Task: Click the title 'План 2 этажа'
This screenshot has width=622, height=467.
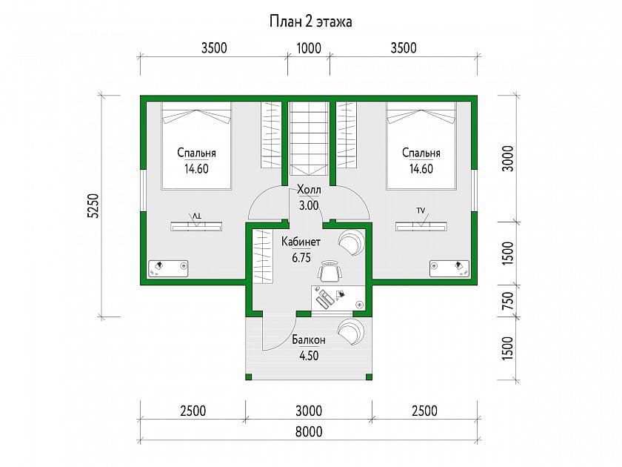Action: [310, 21]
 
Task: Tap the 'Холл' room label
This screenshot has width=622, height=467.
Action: [309, 190]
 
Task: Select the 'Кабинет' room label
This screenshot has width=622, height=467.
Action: [301, 242]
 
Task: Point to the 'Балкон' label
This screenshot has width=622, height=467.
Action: [309, 340]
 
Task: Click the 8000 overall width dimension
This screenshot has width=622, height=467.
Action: [309, 431]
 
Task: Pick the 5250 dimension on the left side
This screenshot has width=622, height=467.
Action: [93, 206]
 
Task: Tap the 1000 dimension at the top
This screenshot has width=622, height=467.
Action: [309, 48]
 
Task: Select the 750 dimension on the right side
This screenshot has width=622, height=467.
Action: [508, 301]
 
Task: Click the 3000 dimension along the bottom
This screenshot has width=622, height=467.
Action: [309, 411]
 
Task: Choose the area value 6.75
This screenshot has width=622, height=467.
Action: [301, 258]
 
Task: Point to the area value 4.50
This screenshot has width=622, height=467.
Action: [309, 355]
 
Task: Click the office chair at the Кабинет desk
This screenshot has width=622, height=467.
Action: [330, 271]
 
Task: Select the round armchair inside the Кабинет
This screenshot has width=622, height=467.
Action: [351, 242]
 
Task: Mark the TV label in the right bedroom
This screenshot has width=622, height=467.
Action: [421, 211]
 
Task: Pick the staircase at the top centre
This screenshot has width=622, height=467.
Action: [309, 139]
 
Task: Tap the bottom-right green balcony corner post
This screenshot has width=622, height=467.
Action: [369, 377]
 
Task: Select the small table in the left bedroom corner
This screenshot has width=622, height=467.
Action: [168, 269]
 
